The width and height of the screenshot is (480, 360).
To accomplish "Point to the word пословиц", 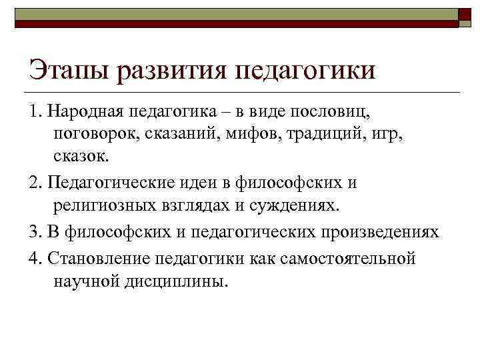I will [x=331, y=110].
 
